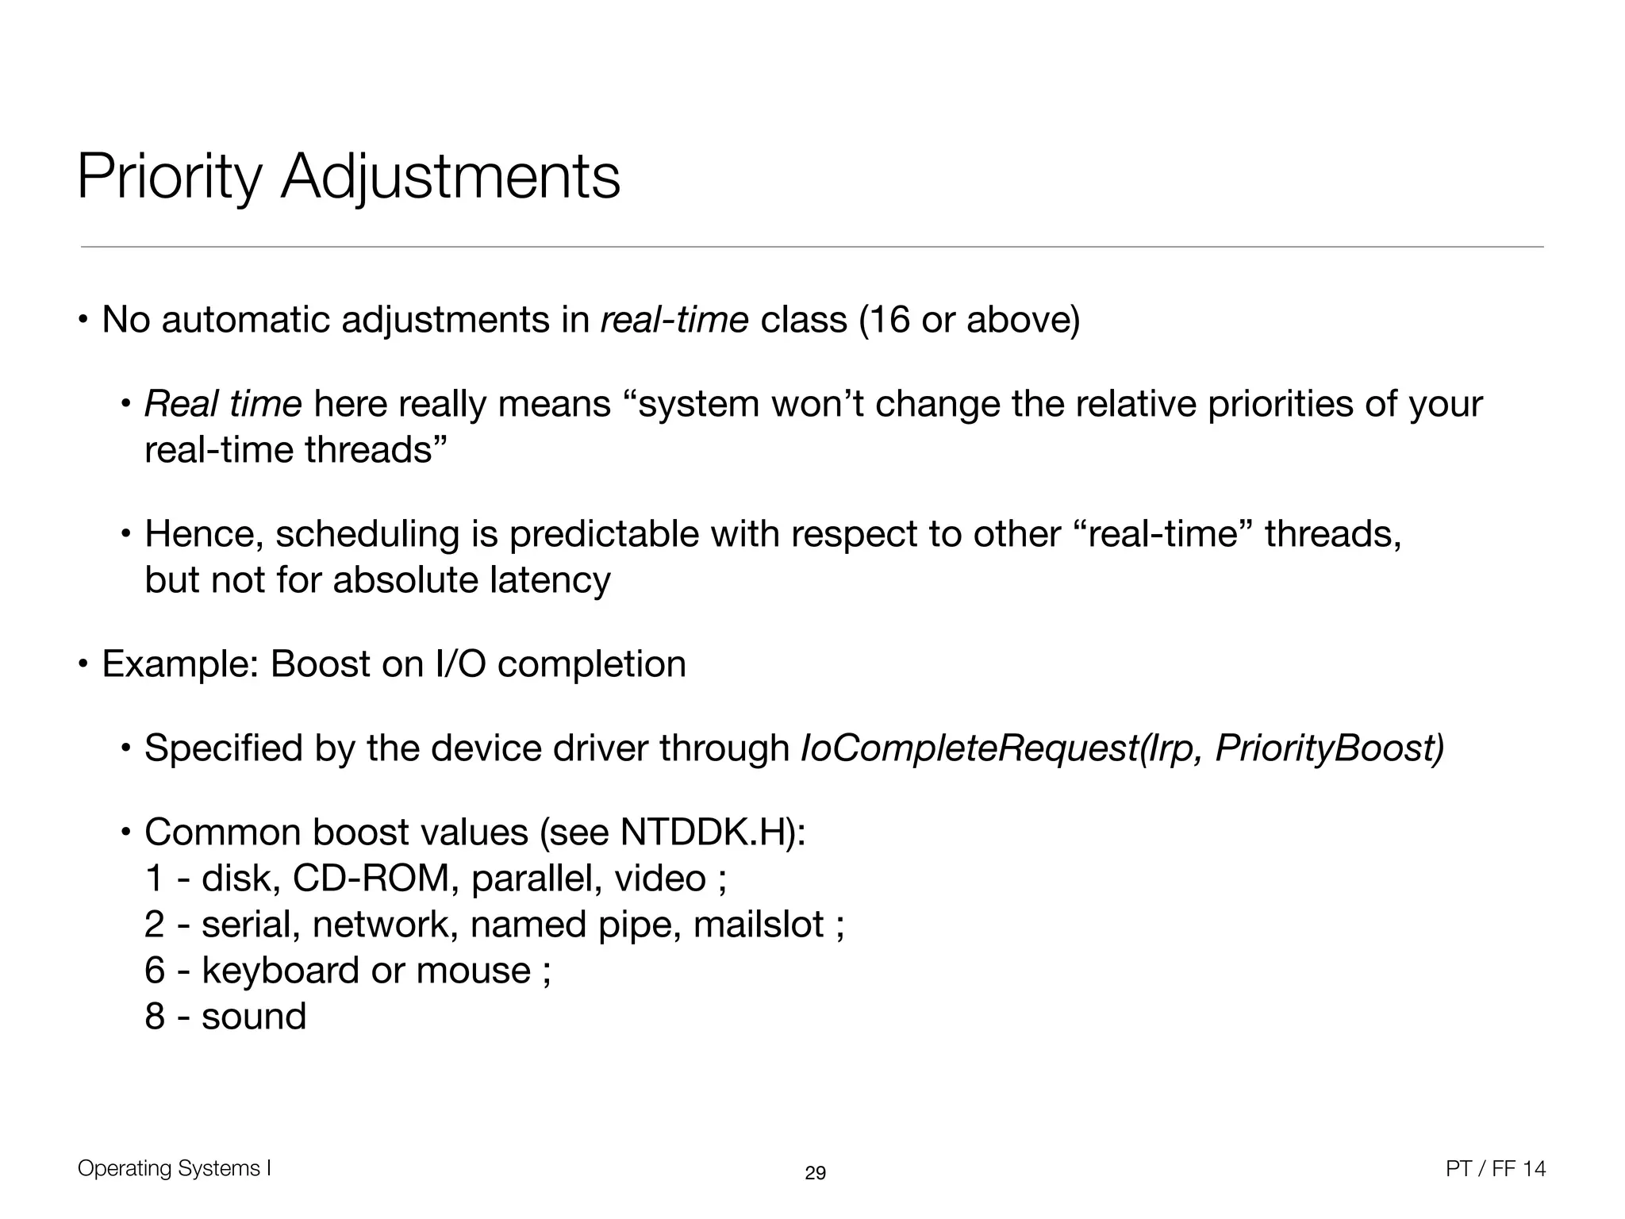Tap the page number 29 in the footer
815,1173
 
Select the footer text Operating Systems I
175,1168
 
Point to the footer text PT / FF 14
1496,1169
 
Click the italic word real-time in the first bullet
674,321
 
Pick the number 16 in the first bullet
889,321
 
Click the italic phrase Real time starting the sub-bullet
223,404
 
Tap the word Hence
203,534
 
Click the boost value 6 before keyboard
155,971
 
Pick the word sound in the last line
254,1017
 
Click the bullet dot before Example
82,664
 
